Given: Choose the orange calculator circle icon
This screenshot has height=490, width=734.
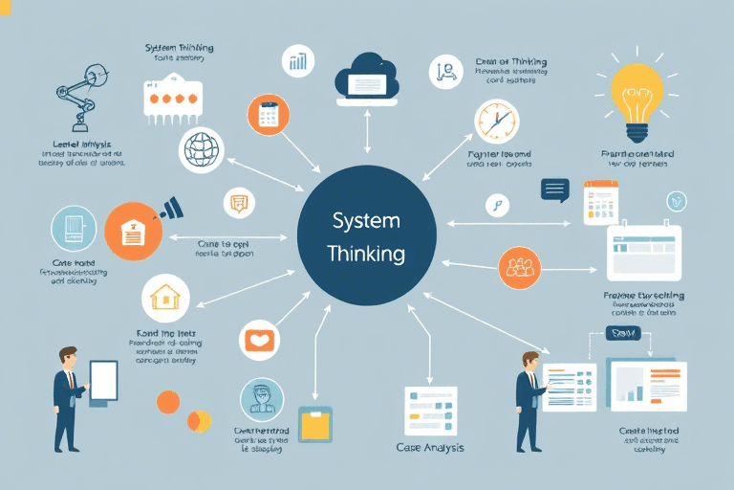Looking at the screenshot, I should tap(268, 116).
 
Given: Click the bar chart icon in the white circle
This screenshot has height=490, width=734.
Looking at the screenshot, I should tap(298, 61).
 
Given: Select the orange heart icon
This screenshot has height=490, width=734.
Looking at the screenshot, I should tap(261, 341).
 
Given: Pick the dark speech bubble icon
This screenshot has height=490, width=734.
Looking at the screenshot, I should tap(554, 189).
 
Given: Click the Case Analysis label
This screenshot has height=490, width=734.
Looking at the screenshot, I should tap(428, 447).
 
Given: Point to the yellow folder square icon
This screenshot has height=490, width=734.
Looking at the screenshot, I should tap(314, 424).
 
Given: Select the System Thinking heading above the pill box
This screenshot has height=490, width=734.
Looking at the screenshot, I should tap(179, 48).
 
